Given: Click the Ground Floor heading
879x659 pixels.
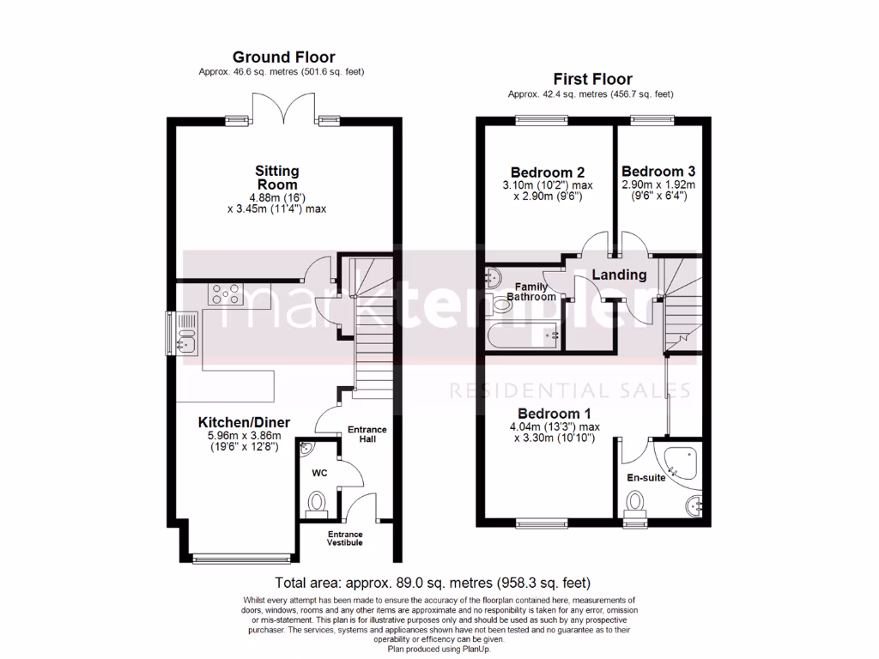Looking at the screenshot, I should tap(283, 57).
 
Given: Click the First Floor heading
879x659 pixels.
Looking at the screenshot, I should tap(592, 79).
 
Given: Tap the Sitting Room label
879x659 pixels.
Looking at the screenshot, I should tap(276, 178).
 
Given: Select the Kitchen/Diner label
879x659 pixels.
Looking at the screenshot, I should tap(244, 422).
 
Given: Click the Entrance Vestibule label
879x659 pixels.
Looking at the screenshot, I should tap(345, 538).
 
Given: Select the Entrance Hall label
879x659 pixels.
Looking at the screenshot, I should tap(367, 435).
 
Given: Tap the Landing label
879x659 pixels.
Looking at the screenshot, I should tap(620, 275).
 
